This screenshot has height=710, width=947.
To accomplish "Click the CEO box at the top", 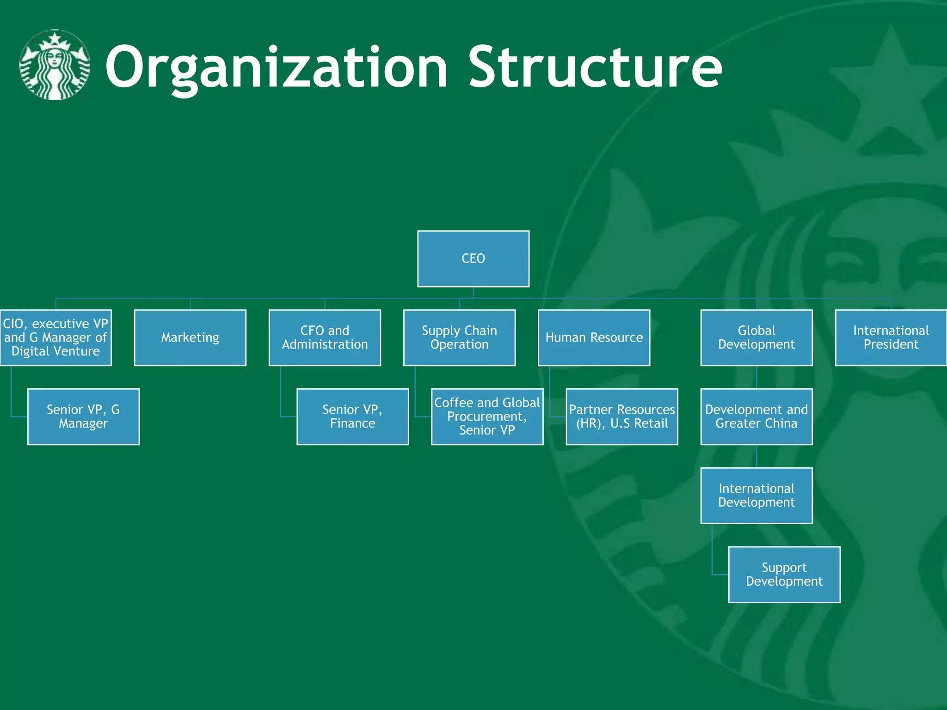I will click(473, 258).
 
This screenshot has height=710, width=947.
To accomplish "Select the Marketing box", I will click(190, 337).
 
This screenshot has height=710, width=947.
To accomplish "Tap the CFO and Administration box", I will click(325, 337).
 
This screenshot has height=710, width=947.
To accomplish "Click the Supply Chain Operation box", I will click(459, 337).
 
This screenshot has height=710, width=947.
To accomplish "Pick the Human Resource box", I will click(594, 337).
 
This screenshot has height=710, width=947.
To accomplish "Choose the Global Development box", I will click(756, 337).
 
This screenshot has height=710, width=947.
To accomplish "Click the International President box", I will click(891, 337).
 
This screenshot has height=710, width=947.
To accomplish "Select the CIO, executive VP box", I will click(55, 337).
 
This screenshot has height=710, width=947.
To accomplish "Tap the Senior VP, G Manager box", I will click(83, 416).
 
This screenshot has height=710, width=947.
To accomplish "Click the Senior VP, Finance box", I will click(352, 416).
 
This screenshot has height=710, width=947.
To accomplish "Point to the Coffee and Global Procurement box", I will click(487, 416).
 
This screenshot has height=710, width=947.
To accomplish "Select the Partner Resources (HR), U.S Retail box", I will click(621, 416).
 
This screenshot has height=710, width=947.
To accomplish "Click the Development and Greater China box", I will click(756, 416).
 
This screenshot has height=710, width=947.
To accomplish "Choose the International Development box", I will click(756, 496).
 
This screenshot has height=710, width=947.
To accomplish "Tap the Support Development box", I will click(784, 575).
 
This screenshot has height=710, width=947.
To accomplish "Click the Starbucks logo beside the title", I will click(55, 65).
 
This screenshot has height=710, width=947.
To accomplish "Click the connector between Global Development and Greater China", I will click(756, 377).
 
